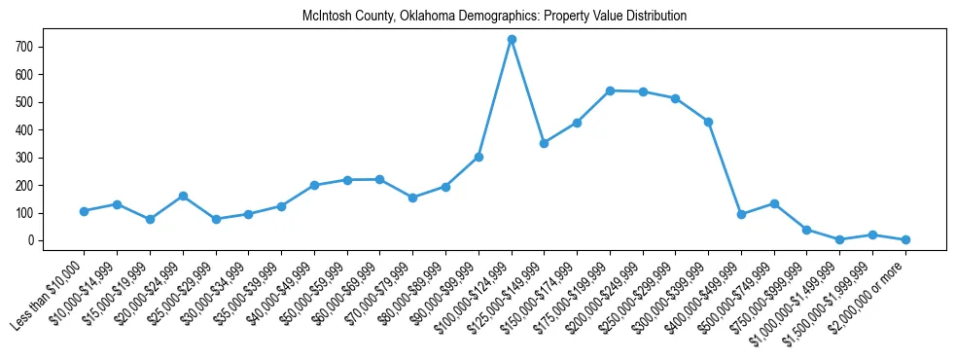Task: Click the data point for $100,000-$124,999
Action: pos(512,39)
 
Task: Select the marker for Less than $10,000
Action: pos(85,211)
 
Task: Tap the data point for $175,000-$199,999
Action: pos(610,90)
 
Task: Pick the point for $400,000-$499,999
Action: pos(742,214)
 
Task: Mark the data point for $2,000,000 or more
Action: pos(905,239)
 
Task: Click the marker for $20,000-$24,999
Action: pos(183,196)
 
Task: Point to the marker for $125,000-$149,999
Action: pos(545,143)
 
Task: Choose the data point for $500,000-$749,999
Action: pos(774,203)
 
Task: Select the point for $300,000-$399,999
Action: pos(709,122)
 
